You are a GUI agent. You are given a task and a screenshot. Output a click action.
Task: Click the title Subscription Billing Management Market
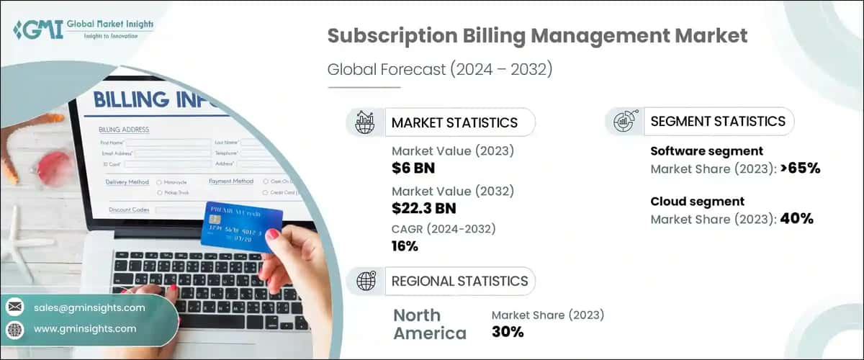[537, 36]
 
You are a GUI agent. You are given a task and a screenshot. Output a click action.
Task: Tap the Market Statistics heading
[454, 122]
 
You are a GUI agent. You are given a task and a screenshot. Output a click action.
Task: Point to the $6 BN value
[413, 168]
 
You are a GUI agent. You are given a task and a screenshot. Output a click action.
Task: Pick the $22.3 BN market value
[423, 209]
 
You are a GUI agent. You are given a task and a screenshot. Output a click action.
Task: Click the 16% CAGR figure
[405, 246]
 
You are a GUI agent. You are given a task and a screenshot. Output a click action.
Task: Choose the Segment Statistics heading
[717, 122]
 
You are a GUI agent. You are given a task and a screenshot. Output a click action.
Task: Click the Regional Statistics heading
[459, 281]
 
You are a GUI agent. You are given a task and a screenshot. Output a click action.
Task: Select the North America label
[430, 324]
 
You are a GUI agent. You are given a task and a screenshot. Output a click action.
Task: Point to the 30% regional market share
[508, 332]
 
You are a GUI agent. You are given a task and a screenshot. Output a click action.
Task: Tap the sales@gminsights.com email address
[89, 307]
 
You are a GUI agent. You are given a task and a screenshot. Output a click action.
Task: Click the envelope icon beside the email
[15, 307]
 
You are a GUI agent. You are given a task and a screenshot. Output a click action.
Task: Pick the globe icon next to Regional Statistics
[366, 282]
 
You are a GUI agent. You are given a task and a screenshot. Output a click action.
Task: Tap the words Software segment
[706, 151]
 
